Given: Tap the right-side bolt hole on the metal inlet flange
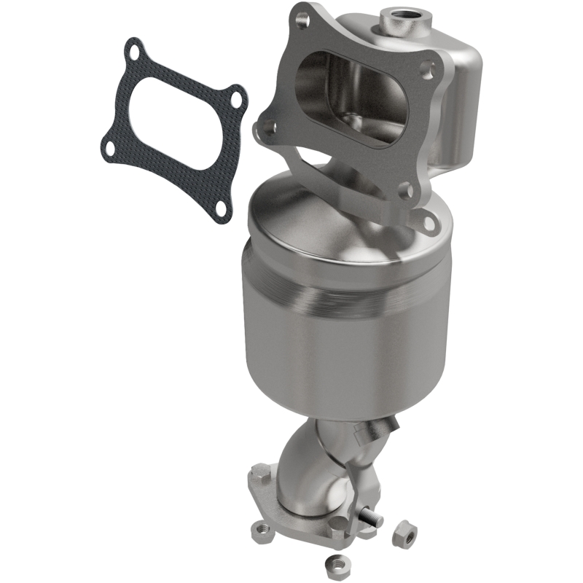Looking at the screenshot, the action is pyautogui.click(x=429, y=71).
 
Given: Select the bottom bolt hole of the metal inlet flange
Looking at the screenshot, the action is pyautogui.click(x=407, y=192).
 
